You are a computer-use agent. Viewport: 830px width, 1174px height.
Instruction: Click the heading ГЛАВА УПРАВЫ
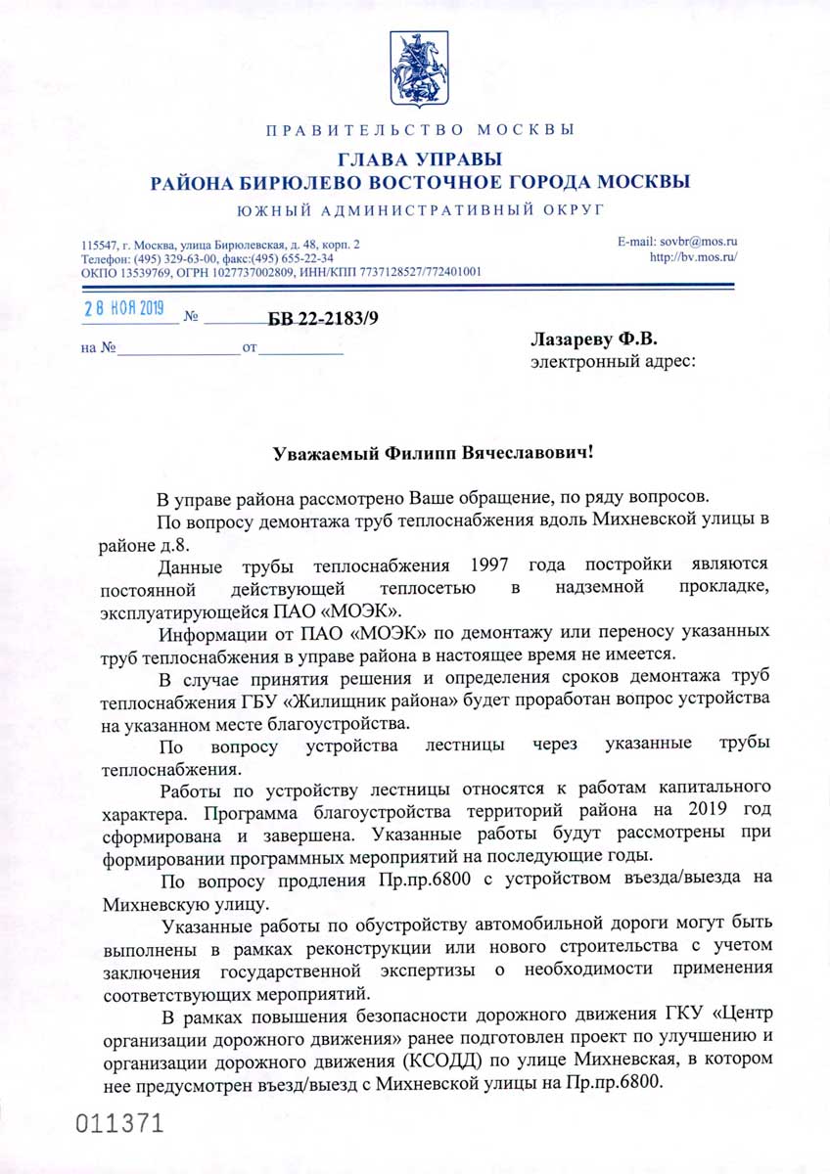[419, 158]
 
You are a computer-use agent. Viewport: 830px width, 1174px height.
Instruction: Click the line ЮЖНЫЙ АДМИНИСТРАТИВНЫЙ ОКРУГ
[419, 207]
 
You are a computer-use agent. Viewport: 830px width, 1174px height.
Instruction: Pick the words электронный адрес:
[614, 363]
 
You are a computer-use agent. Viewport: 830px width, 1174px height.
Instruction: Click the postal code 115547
[100, 243]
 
